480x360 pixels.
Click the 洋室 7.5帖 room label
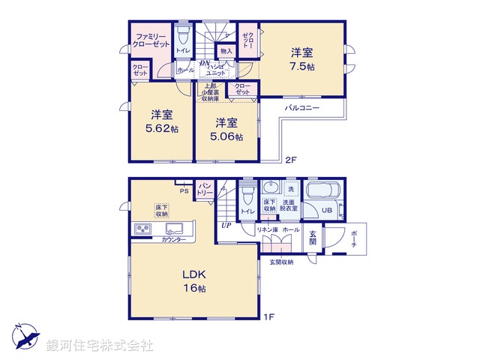(x=304, y=59)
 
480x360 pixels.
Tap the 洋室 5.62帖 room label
(x=163, y=121)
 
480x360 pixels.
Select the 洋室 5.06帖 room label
(x=227, y=129)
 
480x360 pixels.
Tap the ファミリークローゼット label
(x=151, y=40)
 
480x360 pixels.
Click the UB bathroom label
(x=328, y=211)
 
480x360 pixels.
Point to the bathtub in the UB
(x=323, y=191)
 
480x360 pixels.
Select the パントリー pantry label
(x=205, y=190)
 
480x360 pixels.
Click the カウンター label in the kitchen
(x=174, y=239)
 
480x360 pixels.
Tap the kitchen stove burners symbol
(x=142, y=229)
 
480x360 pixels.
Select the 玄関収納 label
(x=280, y=262)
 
